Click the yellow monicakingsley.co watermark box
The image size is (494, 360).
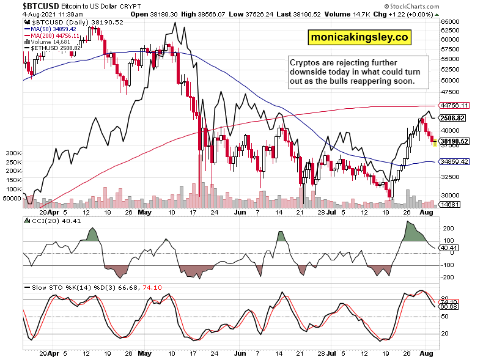359,37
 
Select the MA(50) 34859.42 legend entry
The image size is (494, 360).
51,28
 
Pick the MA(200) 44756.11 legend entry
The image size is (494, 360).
53,35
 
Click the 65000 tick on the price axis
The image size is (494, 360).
451,22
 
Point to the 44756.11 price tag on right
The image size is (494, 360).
453,105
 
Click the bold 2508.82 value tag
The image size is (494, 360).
453,118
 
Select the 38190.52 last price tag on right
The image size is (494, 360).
453,141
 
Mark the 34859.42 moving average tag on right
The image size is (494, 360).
453,161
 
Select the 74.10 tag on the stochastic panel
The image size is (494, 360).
448,302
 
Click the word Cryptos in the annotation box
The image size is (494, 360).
305,62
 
